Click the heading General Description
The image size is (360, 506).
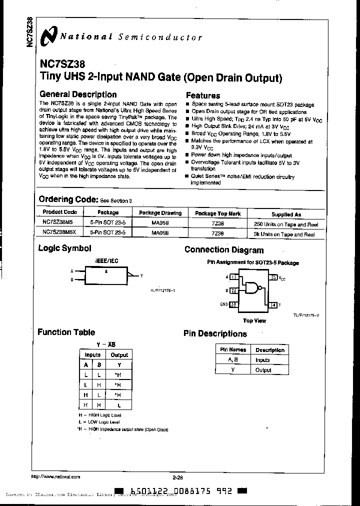coord(78,94)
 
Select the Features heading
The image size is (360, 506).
coord(203,95)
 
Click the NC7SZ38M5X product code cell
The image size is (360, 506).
coord(58,232)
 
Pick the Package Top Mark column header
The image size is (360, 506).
coord(217,213)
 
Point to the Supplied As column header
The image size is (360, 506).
coord(286,214)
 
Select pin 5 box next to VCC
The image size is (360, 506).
coord(273,277)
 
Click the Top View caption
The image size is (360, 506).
coord(254,320)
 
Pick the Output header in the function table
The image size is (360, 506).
coord(119,355)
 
